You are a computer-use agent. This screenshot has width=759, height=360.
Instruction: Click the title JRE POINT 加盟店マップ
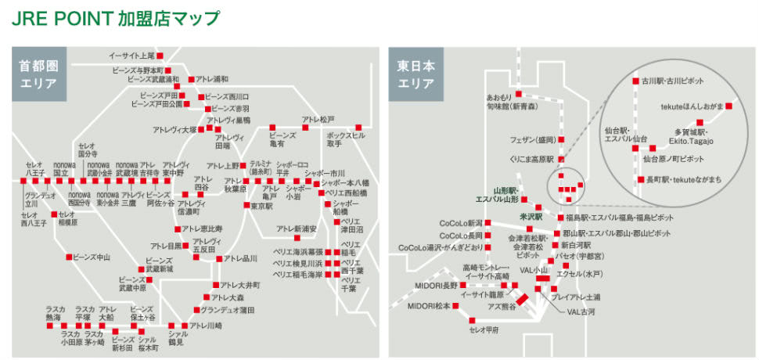click(115, 18)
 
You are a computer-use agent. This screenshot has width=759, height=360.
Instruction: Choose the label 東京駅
click(261, 206)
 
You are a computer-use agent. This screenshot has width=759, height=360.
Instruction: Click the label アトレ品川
click(240, 259)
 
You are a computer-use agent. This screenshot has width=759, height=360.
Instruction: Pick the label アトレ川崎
click(206, 325)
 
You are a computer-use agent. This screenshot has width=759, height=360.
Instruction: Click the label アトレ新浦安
click(295, 229)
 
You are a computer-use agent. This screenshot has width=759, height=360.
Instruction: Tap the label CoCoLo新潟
click(461, 223)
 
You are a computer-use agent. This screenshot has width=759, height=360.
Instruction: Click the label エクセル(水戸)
click(578, 274)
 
